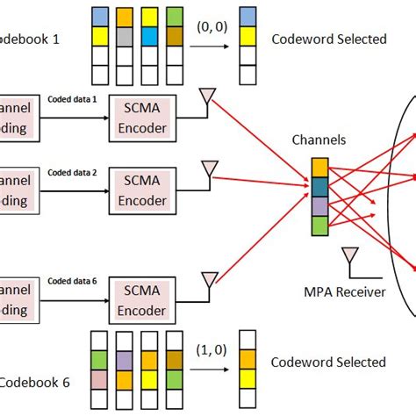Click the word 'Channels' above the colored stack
click(321, 139)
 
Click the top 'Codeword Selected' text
click(328, 39)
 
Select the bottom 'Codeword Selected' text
click(328, 362)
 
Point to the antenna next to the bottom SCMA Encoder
click(209, 281)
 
